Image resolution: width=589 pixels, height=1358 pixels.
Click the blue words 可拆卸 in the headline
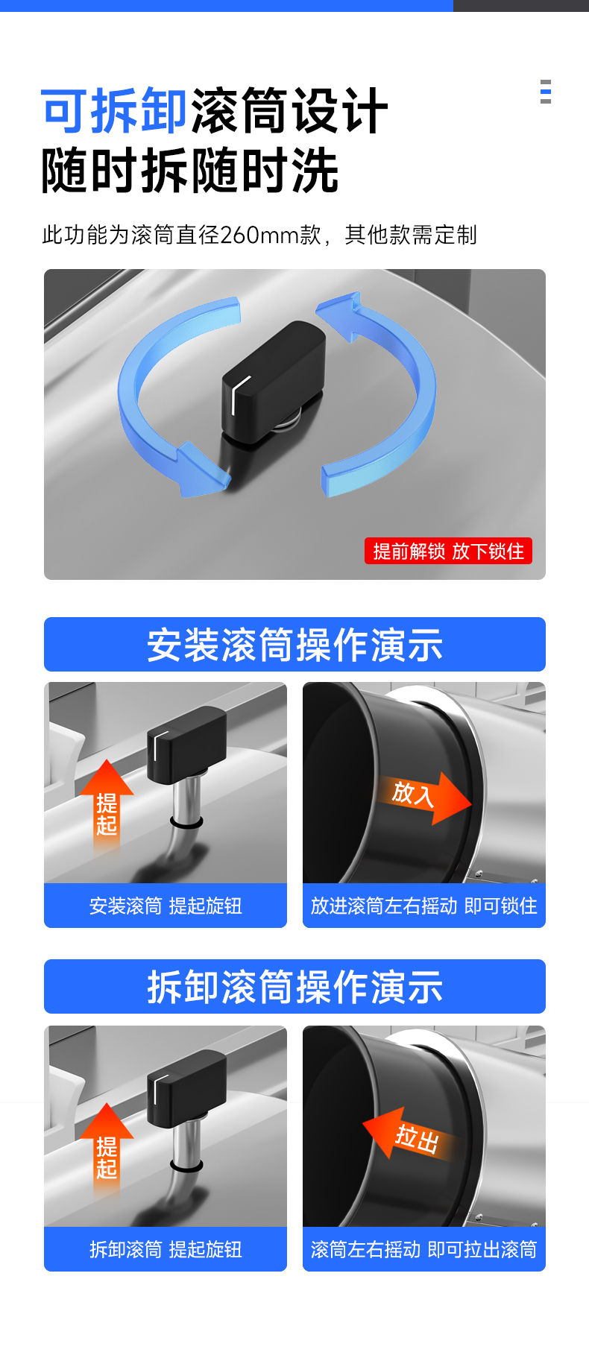(x=114, y=111)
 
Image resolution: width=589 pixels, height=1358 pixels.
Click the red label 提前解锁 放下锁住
(x=448, y=551)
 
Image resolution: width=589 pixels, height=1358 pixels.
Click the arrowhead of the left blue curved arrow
(x=199, y=470)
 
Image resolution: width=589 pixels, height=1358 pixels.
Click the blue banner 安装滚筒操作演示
(x=294, y=645)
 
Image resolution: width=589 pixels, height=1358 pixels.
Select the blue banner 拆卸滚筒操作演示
(x=294, y=987)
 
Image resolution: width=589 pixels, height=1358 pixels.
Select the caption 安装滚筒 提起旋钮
(x=166, y=906)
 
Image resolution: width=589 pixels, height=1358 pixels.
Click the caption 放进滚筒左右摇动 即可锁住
(x=423, y=906)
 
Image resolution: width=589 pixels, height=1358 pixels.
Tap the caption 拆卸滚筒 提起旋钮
(x=166, y=1249)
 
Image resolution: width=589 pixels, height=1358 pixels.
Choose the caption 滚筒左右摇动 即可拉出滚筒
(x=423, y=1249)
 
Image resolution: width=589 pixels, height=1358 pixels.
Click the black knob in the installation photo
(x=186, y=745)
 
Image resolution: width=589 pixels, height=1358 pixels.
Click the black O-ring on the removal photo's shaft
(x=186, y=1164)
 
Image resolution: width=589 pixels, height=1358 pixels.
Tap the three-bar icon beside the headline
(x=546, y=92)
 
